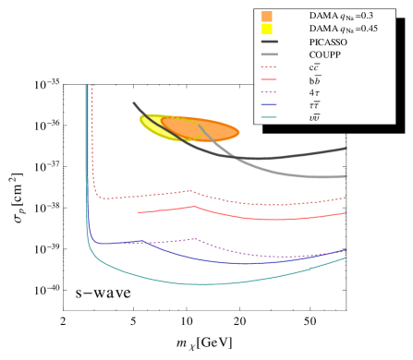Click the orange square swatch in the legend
267,16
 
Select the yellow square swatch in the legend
267,29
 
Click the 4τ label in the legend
314,92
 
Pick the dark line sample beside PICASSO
270,42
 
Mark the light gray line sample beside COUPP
270,54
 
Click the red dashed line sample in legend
270,67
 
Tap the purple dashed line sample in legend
270,92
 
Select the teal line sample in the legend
270,117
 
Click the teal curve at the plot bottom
203,283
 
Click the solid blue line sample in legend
270,105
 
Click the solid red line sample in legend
270,80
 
